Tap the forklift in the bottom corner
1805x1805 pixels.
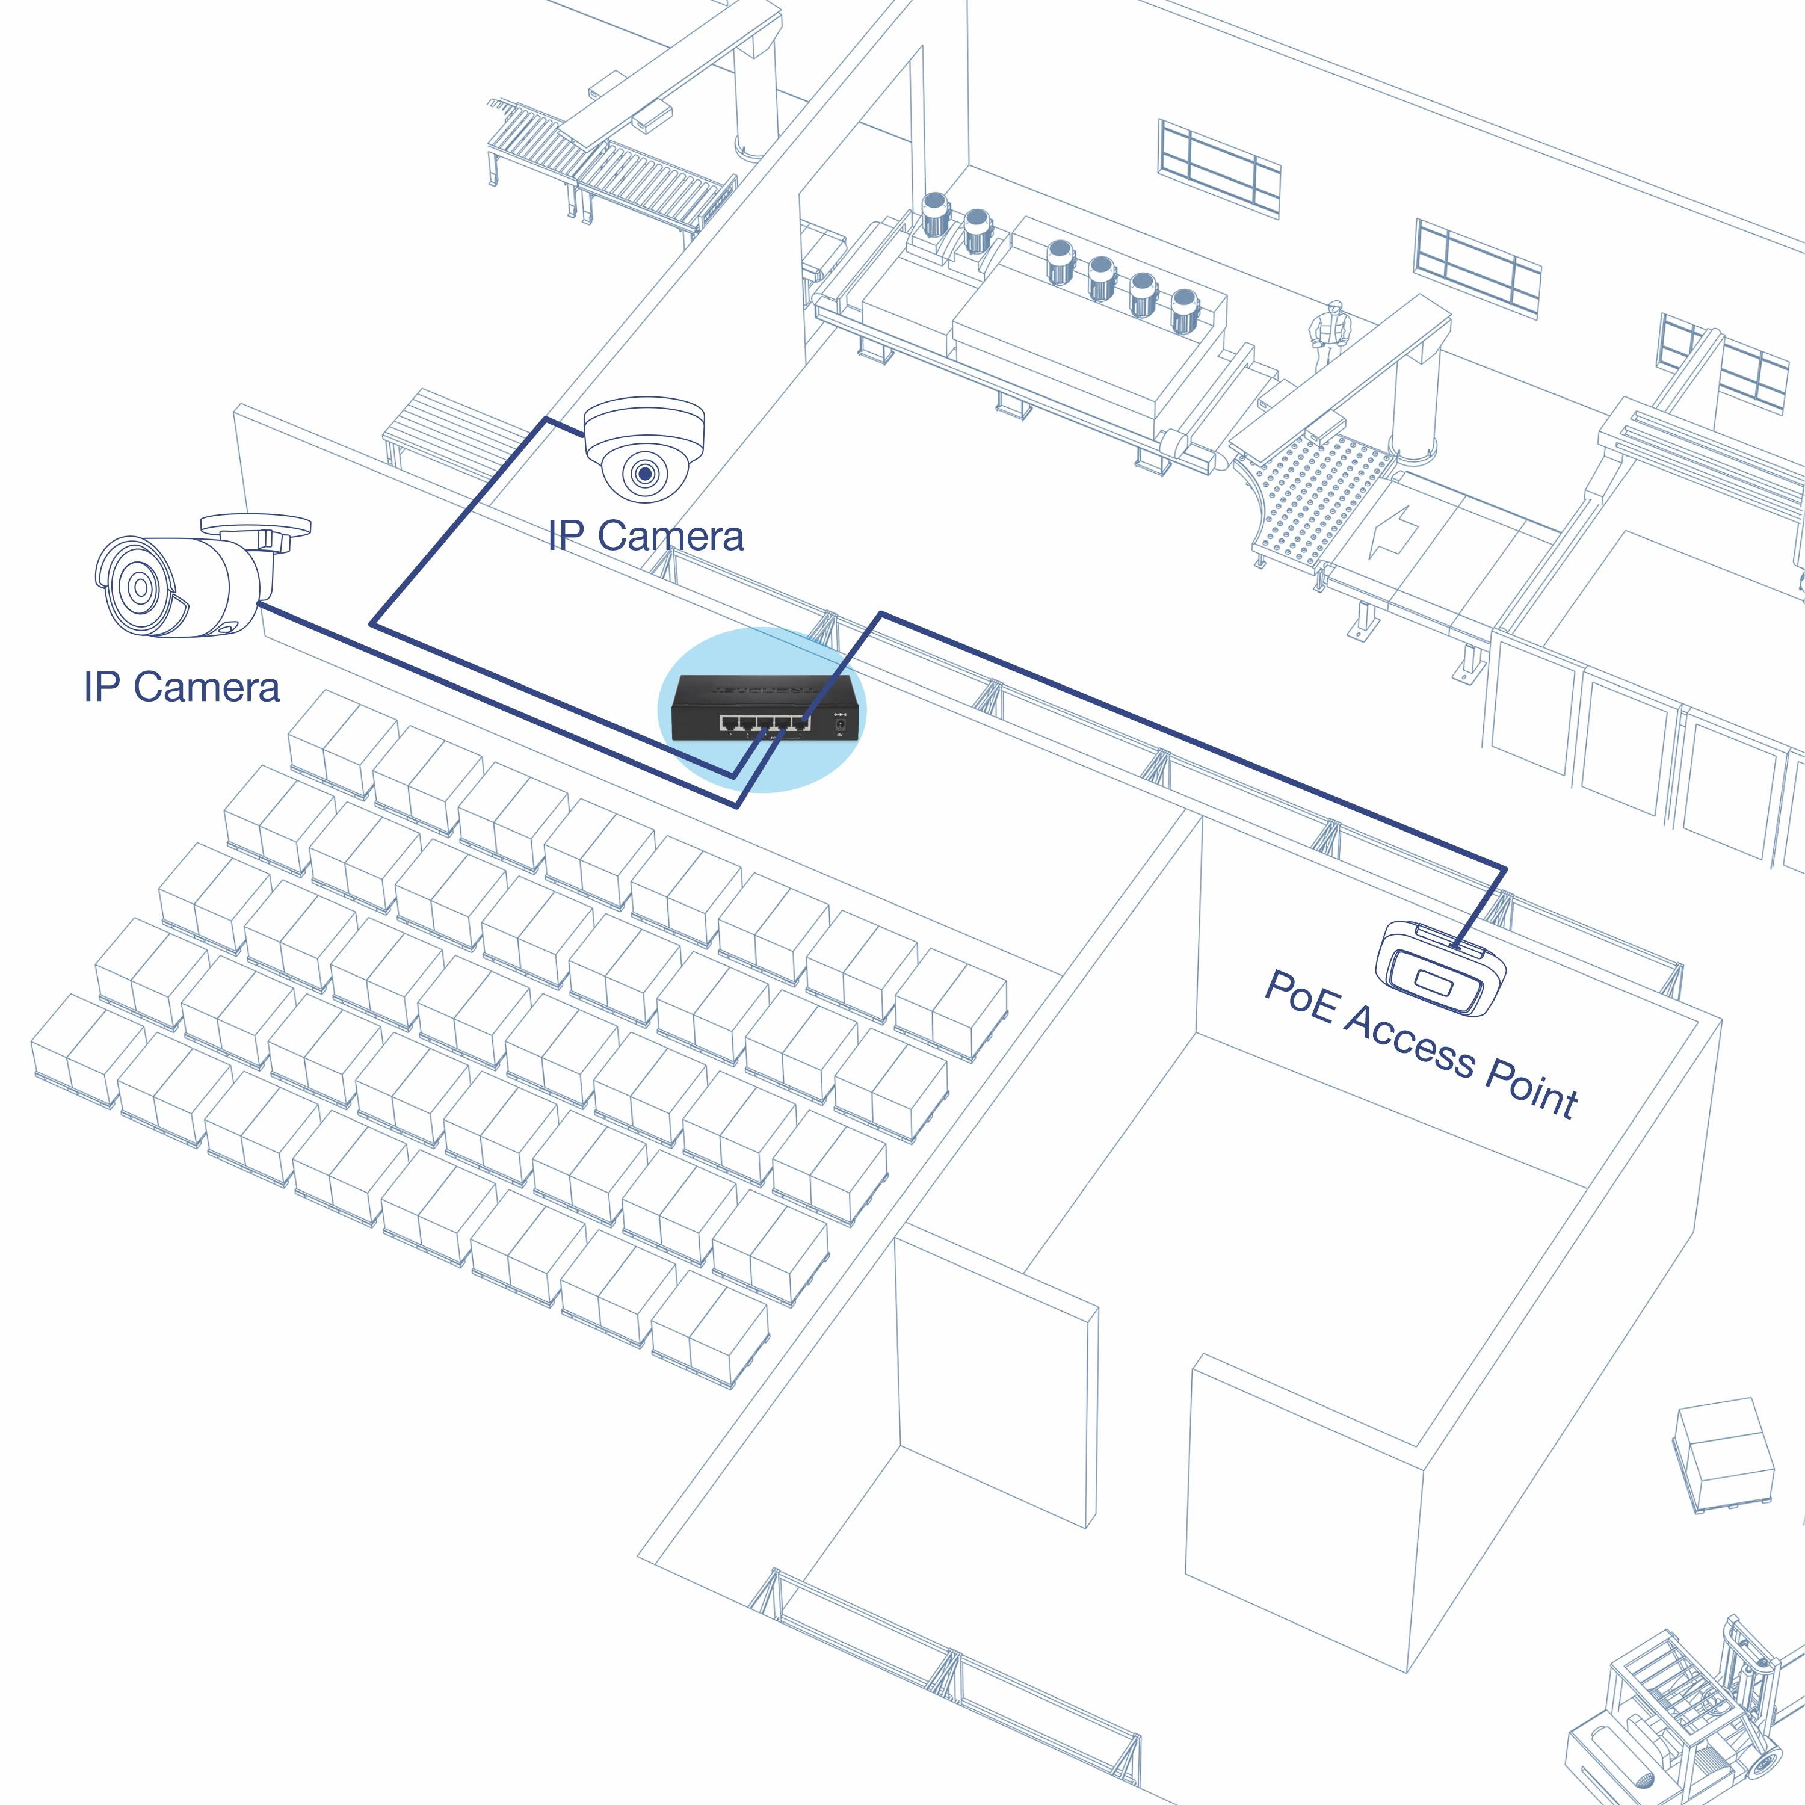pos(1682,1719)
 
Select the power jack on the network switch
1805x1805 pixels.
pos(839,722)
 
